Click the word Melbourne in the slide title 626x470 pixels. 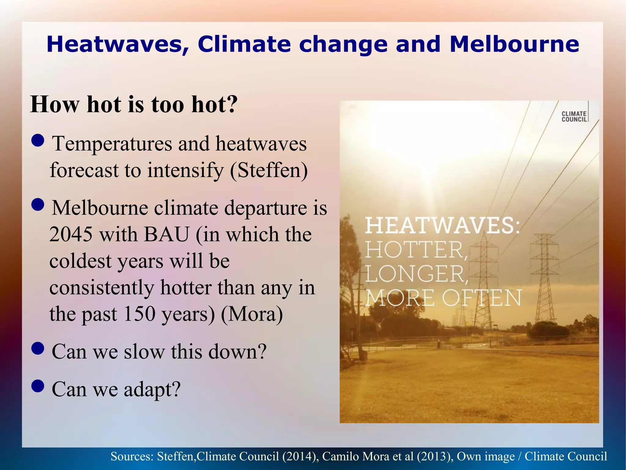(x=514, y=44)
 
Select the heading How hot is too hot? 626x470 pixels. (x=134, y=105)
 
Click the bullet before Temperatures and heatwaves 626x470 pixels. (x=38, y=141)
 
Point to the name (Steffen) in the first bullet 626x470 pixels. (x=269, y=170)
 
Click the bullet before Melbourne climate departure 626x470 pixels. (x=38, y=205)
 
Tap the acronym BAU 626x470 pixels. (x=166, y=235)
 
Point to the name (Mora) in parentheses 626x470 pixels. (x=252, y=314)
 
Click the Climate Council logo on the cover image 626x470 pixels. (x=574, y=116)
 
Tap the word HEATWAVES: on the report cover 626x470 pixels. (x=442, y=226)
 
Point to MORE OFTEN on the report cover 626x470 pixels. (x=443, y=298)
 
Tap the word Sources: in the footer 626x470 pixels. (x=132, y=457)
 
